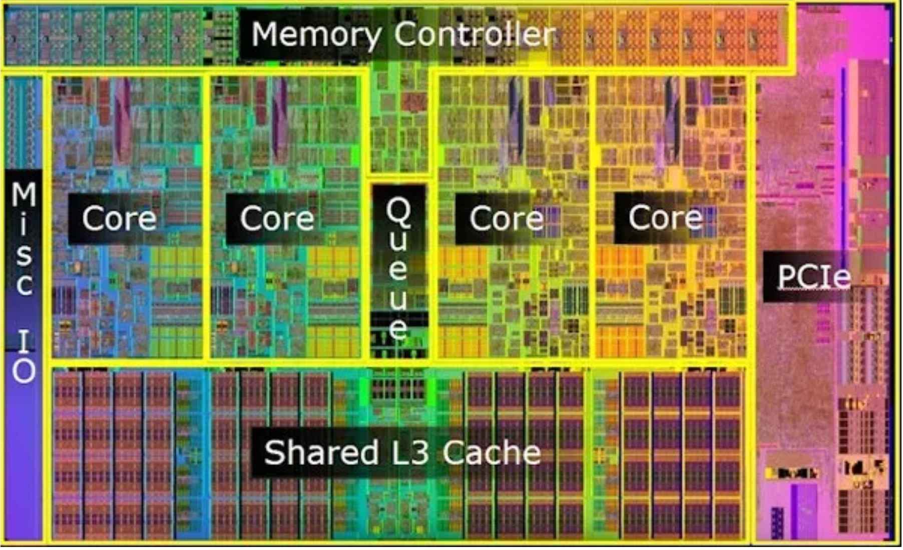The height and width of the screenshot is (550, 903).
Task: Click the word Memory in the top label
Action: tap(316, 34)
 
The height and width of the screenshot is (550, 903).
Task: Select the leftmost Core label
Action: tap(119, 218)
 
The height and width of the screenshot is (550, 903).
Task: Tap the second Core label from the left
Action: tap(277, 218)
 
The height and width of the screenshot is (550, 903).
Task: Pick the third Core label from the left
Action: tap(507, 218)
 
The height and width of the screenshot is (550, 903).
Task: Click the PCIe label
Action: tap(813, 276)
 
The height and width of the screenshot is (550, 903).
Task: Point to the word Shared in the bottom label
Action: tap(321, 452)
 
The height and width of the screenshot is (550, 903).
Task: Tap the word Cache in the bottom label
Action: tap(492, 452)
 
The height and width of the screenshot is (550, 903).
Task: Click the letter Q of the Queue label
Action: tap(399, 211)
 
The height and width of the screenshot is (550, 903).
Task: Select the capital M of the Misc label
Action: tap(24, 194)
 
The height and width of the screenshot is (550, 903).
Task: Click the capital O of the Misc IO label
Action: tap(24, 371)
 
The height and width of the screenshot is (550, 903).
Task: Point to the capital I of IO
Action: tap(24, 341)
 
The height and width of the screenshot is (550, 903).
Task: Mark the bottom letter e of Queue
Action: tap(399, 328)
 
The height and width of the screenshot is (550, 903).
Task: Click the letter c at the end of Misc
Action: tap(24, 284)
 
